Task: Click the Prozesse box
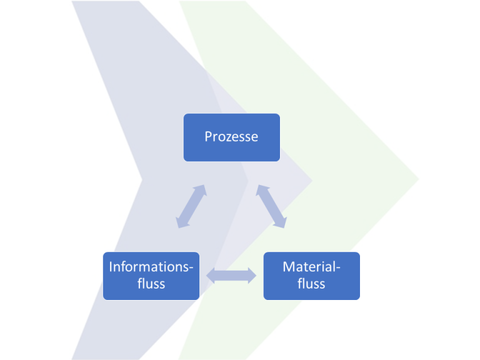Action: coord(231,137)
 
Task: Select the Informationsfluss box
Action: coord(151,276)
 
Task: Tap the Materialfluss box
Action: coord(311,276)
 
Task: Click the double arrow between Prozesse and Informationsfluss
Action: coord(190,206)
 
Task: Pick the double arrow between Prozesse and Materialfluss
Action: coord(271,206)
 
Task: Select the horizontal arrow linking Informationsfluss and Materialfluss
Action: coord(231,276)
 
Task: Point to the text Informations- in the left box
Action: coord(151,267)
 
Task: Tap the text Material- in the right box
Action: coord(311,267)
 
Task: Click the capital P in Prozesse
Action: coord(208,137)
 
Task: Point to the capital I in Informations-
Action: coord(111,267)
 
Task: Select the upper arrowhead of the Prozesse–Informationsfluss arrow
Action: coord(200,189)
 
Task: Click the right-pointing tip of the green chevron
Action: coord(417,180)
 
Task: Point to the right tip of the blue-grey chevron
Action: coord(311,180)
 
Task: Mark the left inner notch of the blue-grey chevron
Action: coord(142,180)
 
